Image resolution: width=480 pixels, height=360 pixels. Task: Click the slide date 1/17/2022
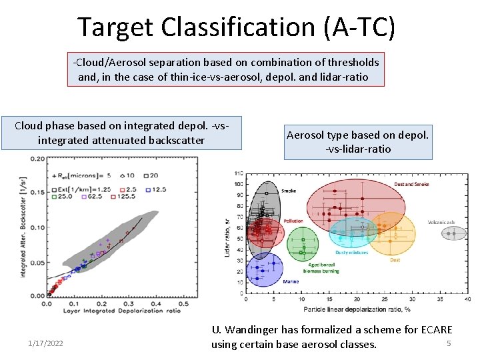pyautogui.click(x=46, y=343)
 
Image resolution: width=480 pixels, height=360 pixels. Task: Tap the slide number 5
pyautogui.click(x=449, y=343)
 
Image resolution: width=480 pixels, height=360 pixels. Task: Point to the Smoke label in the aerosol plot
pyautogui.click(x=289, y=191)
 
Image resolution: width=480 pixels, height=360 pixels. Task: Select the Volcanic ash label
pyautogui.click(x=441, y=222)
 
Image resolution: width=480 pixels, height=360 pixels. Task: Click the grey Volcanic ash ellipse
pyautogui.click(x=456, y=233)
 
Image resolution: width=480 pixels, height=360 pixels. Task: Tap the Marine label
pyautogui.click(x=291, y=281)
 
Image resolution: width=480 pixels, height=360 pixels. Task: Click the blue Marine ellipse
pyautogui.click(x=264, y=270)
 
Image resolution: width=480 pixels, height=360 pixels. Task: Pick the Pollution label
pyautogui.click(x=293, y=221)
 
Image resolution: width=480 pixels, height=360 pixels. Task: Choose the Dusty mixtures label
pyautogui.click(x=351, y=253)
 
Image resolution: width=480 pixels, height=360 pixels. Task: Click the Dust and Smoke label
pyautogui.click(x=411, y=184)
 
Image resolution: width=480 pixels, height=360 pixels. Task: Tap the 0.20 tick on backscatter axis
pyautogui.click(x=38, y=159)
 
